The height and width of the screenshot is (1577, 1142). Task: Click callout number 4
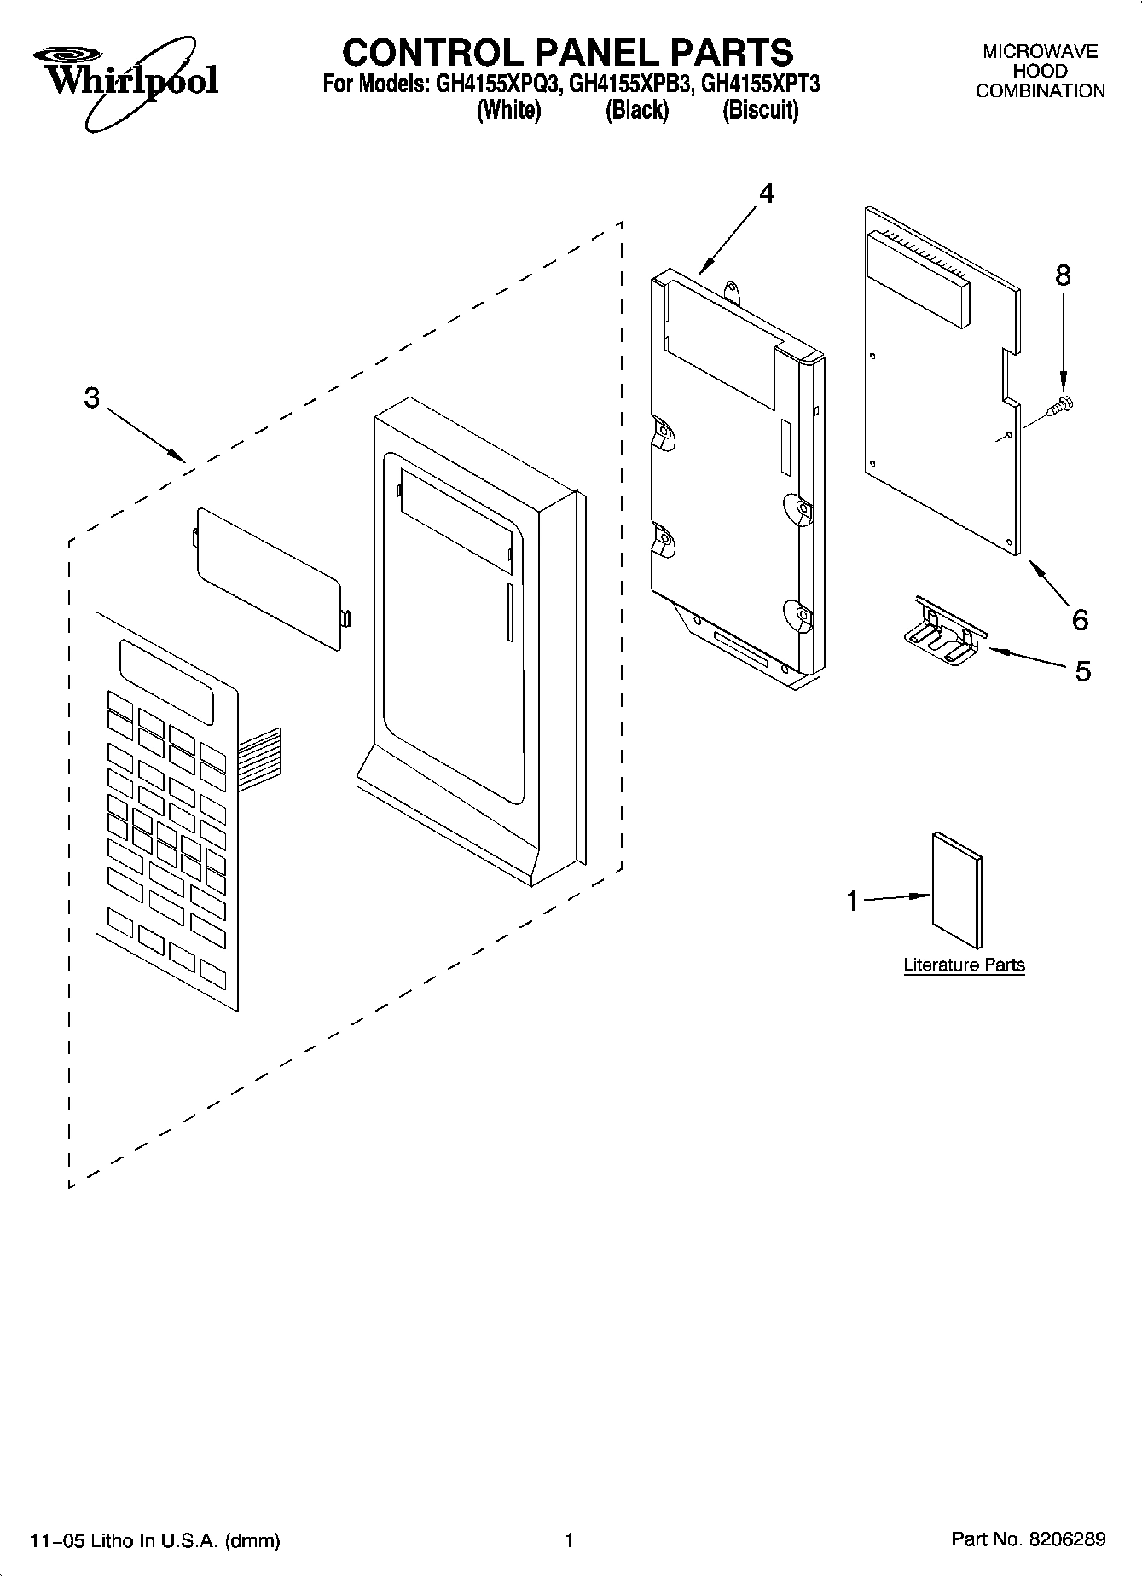coord(766,194)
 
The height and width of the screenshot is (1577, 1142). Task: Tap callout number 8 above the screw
coord(1062,275)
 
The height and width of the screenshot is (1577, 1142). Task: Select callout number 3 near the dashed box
coord(92,398)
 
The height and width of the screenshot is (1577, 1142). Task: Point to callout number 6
coord(1080,619)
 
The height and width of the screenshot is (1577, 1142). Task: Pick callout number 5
coord(1082,671)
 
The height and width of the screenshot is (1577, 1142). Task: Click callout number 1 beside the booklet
coord(851,901)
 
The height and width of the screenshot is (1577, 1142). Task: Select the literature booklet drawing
coord(957,890)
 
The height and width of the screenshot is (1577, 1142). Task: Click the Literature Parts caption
coord(964,965)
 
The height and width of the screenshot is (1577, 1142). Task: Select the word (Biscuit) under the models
coord(760,111)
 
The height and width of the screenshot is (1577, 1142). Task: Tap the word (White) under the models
coord(508,111)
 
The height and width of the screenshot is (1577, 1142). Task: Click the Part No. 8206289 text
coord(1028,1539)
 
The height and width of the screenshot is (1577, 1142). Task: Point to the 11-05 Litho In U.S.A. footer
coord(154,1540)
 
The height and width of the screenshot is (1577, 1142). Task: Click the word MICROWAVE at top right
coord(1040,52)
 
